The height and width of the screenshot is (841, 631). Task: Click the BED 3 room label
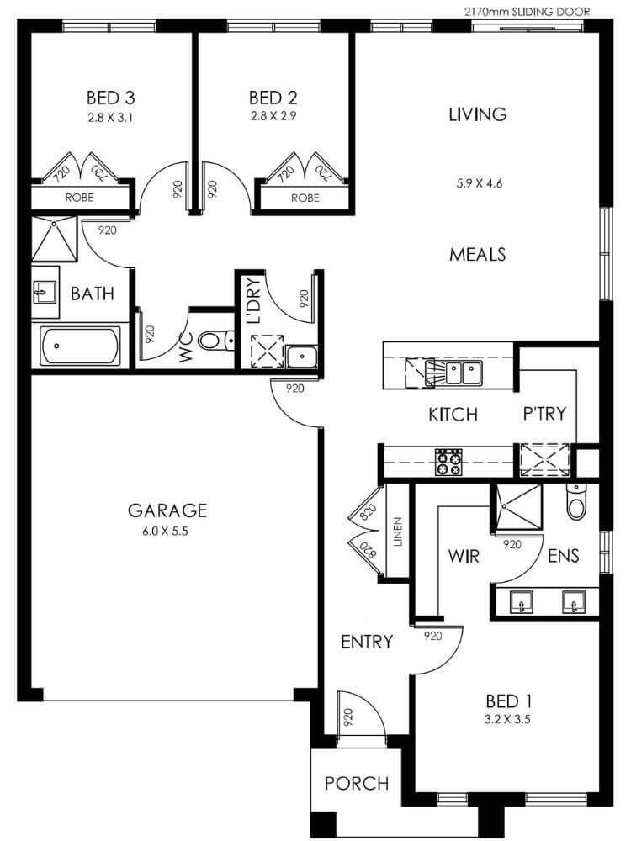pyautogui.click(x=110, y=98)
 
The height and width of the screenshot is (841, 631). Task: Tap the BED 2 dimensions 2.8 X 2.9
pyautogui.click(x=273, y=116)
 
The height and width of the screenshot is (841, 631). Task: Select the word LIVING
pyautogui.click(x=478, y=114)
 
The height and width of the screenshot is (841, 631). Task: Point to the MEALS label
pyautogui.click(x=478, y=254)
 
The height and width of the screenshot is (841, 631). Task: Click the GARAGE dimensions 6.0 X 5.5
pyautogui.click(x=165, y=532)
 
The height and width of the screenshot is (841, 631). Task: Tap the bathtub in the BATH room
pyautogui.click(x=81, y=346)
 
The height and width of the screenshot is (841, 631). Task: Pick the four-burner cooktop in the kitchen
pyautogui.click(x=448, y=462)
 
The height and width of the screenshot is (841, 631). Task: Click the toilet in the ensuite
pyautogui.click(x=576, y=501)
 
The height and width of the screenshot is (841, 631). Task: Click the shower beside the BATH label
pyautogui.click(x=54, y=239)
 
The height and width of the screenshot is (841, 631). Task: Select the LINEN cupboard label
pyautogui.click(x=398, y=532)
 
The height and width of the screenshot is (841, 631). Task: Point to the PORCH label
pyautogui.click(x=357, y=784)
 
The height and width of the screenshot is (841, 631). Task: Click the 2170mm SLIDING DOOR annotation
pyautogui.click(x=527, y=12)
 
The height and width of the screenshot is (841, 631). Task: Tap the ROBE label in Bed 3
pyautogui.click(x=79, y=198)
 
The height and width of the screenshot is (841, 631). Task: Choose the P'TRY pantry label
pyautogui.click(x=544, y=414)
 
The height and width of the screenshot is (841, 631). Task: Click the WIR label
pyautogui.click(x=464, y=556)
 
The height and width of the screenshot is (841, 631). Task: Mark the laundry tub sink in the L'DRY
pyautogui.click(x=301, y=357)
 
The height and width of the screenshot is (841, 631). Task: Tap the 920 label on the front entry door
pyautogui.click(x=347, y=717)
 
